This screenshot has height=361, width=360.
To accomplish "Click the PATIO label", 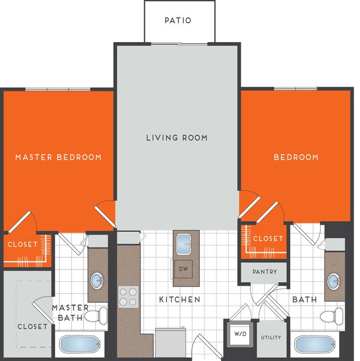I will (x=178, y=21).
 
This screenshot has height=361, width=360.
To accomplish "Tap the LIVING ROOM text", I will (x=177, y=138).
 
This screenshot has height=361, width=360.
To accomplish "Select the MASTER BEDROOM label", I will (x=58, y=157).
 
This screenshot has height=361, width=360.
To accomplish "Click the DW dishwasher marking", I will (x=183, y=268).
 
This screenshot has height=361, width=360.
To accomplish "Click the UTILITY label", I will (x=270, y=337).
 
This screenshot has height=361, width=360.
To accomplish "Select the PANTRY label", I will (x=264, y=272).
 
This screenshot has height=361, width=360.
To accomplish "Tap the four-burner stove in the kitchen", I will (x=128, y=297).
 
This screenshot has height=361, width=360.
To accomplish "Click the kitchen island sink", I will (x=183, y=243).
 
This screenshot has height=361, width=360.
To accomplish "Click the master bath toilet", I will (x=99, y=316).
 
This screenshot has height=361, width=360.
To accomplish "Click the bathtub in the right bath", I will (x=315, y=344).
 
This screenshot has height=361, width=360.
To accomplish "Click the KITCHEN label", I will (x=179, y=299).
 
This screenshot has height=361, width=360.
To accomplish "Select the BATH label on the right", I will (x=305, y=299).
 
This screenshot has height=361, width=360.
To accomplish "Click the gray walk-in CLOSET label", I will (x=32, y=327).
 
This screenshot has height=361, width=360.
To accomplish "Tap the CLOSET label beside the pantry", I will (x=268, y=238).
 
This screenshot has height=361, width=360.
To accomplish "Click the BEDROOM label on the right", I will (x=296, y=157).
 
